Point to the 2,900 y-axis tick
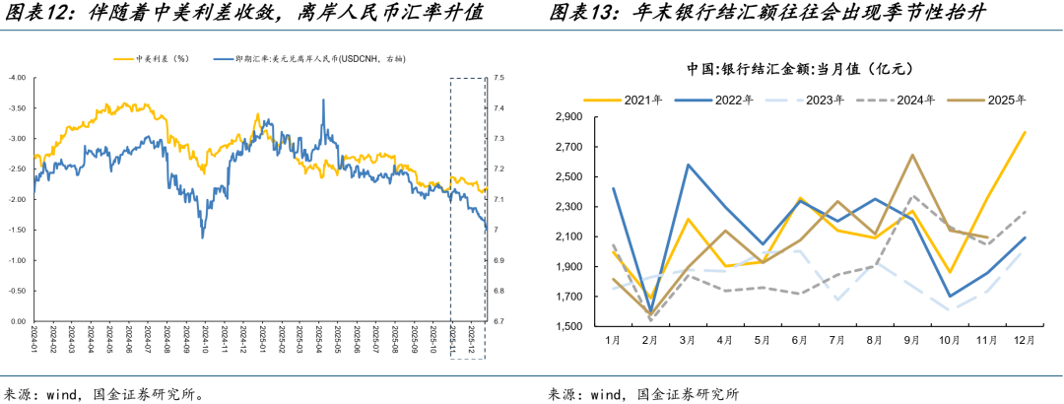570,117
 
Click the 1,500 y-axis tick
570,326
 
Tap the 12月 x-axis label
1024,340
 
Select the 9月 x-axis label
912,340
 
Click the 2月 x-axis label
649,340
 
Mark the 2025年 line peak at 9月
912,155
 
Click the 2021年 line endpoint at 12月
1025,132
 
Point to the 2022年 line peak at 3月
687,165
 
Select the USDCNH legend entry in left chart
316,59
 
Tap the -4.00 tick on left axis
17,77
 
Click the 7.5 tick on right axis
499,77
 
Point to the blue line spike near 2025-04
322,99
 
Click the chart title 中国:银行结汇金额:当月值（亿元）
802,69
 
